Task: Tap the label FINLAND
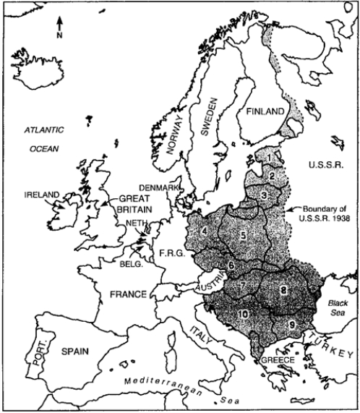pos(262,113)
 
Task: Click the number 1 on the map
pos(269,156)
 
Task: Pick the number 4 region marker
pos(205,231)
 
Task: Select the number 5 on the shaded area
pos(244,235)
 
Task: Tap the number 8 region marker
pos(284,290)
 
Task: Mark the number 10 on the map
pos(244,312)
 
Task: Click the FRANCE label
pos(124,294)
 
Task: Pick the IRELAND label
pos(42,195)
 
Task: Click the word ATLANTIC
pos(43,129)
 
